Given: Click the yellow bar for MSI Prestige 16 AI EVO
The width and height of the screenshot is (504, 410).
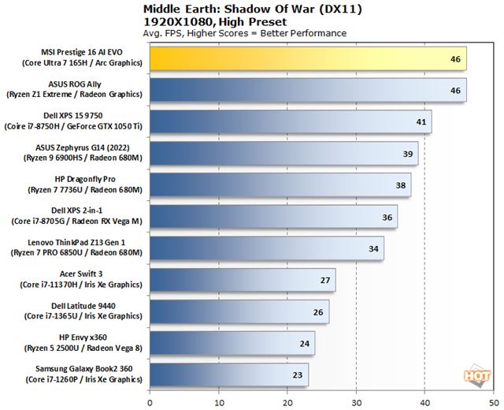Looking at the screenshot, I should point(307,59).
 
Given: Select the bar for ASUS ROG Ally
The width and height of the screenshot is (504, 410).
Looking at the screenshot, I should point(307,91).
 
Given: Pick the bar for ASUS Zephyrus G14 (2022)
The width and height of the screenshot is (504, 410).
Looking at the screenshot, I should point(283,154).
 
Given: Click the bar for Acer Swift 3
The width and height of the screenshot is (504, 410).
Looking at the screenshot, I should point(242,280).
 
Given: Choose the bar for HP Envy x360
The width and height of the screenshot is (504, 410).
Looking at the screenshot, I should point(232,343).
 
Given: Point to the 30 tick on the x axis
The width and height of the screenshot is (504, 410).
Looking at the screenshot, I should point(356,401).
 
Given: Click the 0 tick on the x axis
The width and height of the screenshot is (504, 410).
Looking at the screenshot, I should point(150,401).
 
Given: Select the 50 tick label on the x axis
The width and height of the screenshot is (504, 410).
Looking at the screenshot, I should point(492,401).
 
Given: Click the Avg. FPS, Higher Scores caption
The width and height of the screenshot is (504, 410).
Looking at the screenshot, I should point(245,33).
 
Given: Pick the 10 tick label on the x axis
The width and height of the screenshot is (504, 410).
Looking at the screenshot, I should point(218,401).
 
